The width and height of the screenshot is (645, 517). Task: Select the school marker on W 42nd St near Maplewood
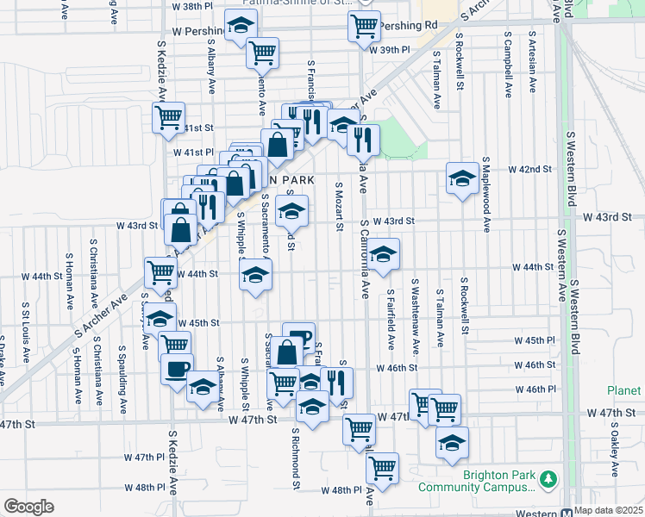[x=462, y=178]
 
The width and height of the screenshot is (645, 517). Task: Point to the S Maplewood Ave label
[x=486, y=195]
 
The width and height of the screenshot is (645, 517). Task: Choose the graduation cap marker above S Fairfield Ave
[x=385, y=255]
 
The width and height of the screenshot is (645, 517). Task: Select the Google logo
[x=28, y=507]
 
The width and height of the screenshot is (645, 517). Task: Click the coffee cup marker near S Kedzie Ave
[x=178, y=369]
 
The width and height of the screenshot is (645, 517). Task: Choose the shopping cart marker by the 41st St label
[x=168, y=117]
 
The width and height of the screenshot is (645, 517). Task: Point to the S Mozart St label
[x=340, y=207]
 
